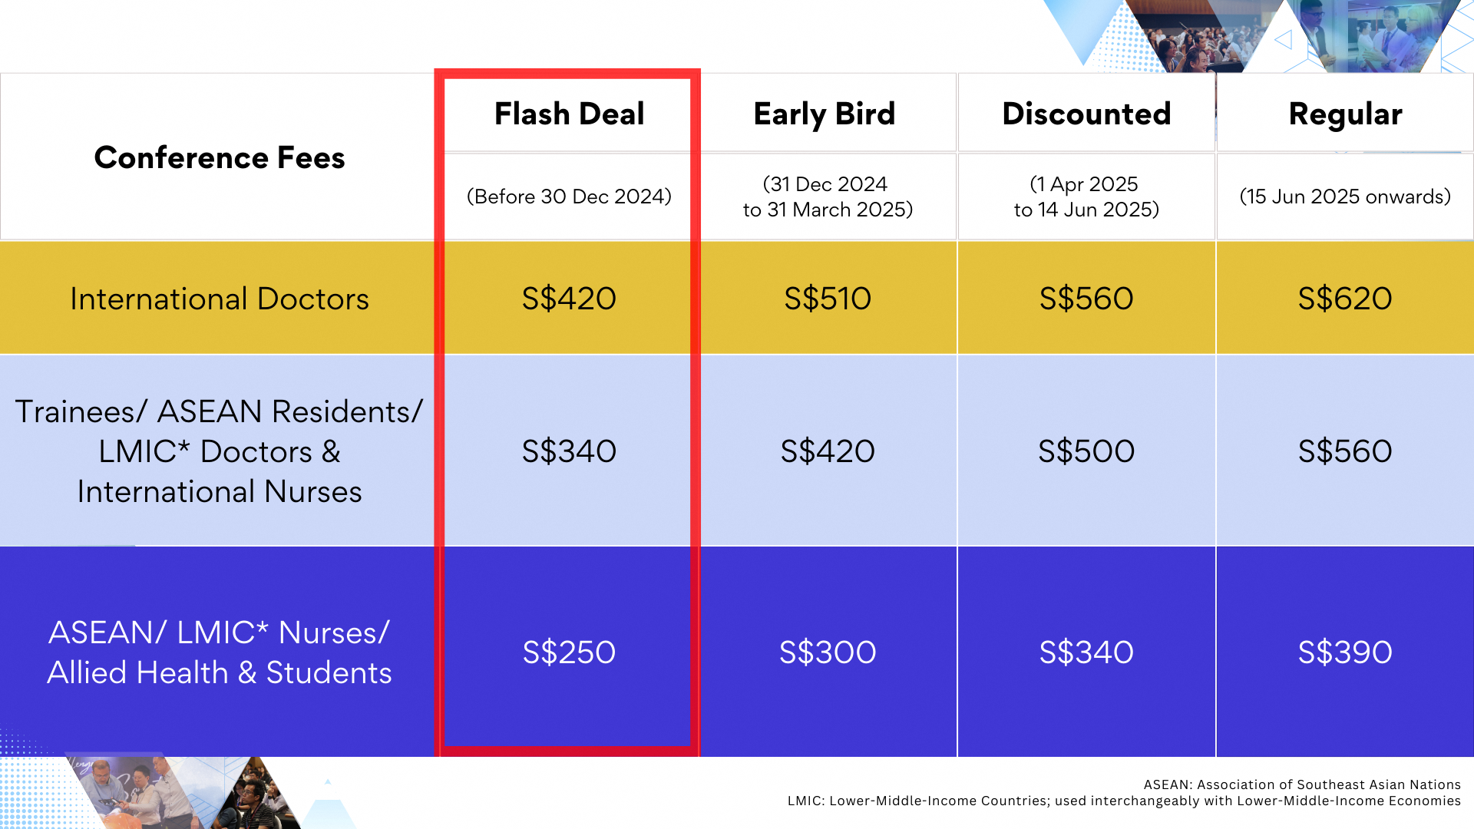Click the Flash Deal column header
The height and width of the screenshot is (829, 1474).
pyautogui.click(x=569, y=114)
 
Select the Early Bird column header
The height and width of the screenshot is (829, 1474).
pyautogui.click(x=825, y=114)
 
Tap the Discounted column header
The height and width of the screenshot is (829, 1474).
pyautogui.click(x=1086, y=114)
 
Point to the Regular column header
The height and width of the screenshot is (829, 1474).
pyautogui.click(x=1345, y=114)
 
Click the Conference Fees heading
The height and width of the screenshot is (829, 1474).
pyautogui.click(x=220, y=157)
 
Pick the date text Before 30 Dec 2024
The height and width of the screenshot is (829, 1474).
pyautogui.click(x=569, y=197)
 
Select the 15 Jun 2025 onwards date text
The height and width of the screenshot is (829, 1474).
pyautogui.click(x=1345, y=197)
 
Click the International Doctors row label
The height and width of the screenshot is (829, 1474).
pyautogui.click(x=220, y=299)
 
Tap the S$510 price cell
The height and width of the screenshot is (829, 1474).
pyautogui.click(x=828, y=299)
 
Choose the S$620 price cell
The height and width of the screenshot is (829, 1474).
pyautogui.click(x=1345, y=299)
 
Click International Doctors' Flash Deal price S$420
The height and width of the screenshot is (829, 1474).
pyautogui.click(x=569, y=299)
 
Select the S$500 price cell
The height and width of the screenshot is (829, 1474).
pyautogui.click(x=1086, y=451)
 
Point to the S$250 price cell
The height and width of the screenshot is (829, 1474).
pyautogui.click(x=569, y=652)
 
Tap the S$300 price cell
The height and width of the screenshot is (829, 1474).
pyautogui.click(x=828, y=652)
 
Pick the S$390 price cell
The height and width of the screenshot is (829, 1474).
pyautogui.click(x=1345, y=652)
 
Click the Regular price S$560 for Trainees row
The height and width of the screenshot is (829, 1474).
pyautogui.click(x=1345, y=451)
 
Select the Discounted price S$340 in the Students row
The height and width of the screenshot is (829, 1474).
pyautogui.click(x=1086, y=652)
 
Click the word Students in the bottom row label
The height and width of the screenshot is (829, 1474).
pyautogui.click(x=329, y=673)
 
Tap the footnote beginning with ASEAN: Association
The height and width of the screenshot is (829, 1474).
pyautogui.click(x=1302, y=784)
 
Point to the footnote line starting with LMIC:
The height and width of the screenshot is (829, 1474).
pyautogui.click(x=1124, y=801)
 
